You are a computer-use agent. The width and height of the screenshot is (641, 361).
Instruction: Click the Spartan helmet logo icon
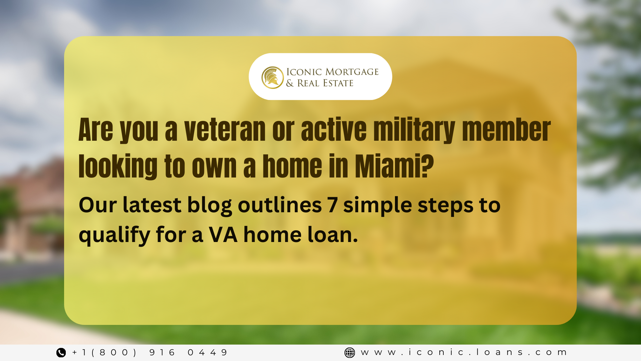coord(272,78)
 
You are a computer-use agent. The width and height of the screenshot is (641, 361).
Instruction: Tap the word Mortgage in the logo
coord(352,72)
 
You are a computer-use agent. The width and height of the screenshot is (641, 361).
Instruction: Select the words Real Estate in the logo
coord(325,83)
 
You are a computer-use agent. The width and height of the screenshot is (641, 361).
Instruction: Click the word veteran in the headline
coord(225,130)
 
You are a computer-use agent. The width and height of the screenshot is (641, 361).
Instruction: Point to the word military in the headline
coord(414,130)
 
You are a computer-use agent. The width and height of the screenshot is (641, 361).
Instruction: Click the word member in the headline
coord(506,130)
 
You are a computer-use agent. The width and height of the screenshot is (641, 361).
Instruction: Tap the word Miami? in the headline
coord(394,166)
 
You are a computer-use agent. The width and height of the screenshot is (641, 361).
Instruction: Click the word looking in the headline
coord(118,166)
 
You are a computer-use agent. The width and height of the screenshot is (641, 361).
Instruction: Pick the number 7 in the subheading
coord(333,205)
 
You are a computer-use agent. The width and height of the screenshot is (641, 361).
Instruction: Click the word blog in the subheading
coord(209,205)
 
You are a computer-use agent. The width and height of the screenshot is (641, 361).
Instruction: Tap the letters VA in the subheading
coord(223,235)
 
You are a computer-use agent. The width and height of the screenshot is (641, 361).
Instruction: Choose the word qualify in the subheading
coord(114,235)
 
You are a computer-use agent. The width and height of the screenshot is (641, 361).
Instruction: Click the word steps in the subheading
coord(445,205)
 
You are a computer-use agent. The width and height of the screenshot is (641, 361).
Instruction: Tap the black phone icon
coord(61,353)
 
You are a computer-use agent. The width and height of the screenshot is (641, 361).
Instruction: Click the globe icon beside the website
coord(350,353)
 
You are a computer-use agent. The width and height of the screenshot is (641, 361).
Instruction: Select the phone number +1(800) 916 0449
coord(150,353)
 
